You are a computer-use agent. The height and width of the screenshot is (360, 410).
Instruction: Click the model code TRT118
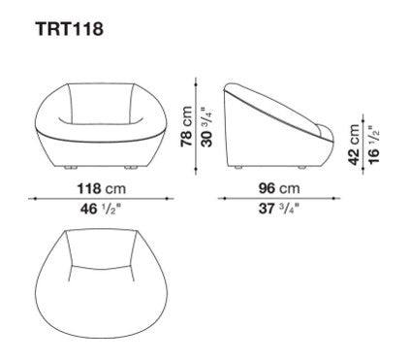coord(70,28)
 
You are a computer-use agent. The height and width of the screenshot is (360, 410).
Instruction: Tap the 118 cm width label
coord(101,188)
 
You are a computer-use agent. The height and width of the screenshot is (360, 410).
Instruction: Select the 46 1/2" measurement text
coord(101,209)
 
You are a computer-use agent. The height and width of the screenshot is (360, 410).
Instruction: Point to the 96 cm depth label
coord(279,188)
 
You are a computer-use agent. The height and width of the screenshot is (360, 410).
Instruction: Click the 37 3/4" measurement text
coord(278,209)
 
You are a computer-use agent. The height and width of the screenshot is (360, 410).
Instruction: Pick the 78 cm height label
coord(187,126)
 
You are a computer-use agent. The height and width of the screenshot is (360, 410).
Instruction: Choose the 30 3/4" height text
coord(207,127)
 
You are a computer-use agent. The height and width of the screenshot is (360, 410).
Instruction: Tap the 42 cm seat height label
coord(354,145)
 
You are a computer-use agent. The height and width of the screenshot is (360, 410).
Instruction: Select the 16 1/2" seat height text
coord(373,145)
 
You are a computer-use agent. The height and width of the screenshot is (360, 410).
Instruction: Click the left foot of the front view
coord(71,168)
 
